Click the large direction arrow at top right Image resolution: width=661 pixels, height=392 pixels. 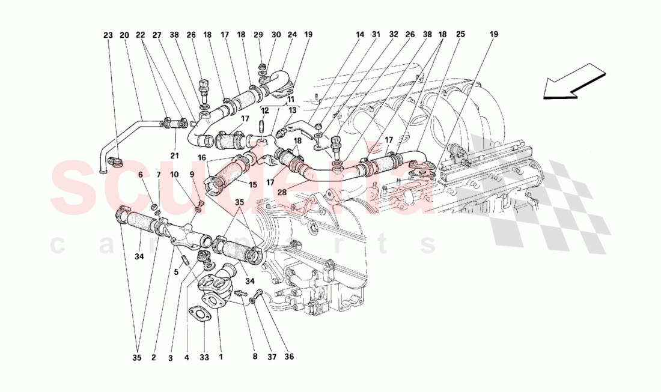pyautogui.click(x=573, y=82)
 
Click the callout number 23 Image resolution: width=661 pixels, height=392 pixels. pyautogui.click(x=108, y=35)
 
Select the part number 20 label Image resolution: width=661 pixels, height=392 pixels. pyautogui.click(x=124, y=35)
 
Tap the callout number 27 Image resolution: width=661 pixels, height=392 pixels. pyautogui.click(x=157, y=35)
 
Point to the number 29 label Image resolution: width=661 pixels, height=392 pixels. pyautogui.click(x=258, y=35)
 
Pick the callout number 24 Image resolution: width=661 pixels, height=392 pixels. pyautogui.click(x=292, y=35)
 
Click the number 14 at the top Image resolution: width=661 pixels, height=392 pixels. pyautogui.click(x=359, y=35)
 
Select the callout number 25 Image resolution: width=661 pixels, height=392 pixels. pyautogui.click(x=460, y=34)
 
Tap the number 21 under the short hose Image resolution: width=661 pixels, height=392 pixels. pyautogui.click(x=174, y=156)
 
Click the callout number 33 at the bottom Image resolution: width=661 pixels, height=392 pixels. pyautogui.click(x=204, y=358)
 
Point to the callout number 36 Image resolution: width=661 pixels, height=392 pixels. pyautogui.click(x=289, y=357)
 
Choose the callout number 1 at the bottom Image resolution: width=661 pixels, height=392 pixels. pyautogui.click(x=221, y=357)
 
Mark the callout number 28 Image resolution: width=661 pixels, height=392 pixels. pyautogui.click(x=282, y=193)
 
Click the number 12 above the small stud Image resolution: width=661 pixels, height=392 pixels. pyautogui.click(x=264, y=111)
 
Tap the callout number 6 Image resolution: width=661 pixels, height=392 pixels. pyautogui.click(x=141, y=175)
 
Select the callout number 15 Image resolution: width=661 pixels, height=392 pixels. pyautogui.click(x=252, y=184)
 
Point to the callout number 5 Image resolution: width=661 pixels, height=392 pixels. pyautogui.click(x=176, y=273)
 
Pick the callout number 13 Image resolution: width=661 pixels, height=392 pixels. pyautogui.click(x=292, y=110)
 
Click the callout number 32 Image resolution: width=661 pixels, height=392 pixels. pyautogui.click(x=394, y=35)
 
